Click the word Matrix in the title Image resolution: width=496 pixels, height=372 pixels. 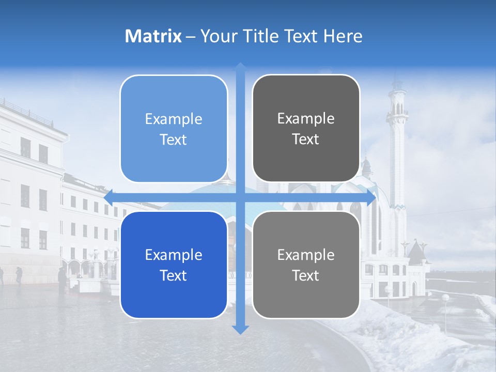(x=153, y=36)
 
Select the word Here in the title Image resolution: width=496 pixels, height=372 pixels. (x=343, y=36)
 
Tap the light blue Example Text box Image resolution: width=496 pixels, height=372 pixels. (x=174, y=129)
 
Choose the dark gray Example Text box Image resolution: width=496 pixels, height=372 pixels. (x=306, y=129)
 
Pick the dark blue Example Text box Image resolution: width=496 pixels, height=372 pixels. (x=174, y=265)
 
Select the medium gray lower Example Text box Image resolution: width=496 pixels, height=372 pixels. (x=306, y=265)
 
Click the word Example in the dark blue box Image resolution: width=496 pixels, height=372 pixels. (x=174, y=255)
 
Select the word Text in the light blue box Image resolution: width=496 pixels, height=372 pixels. (x=174, y=139)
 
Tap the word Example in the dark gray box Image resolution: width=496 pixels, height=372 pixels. (x=306, y=119)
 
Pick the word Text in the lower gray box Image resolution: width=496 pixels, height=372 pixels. (x=306, y=275)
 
